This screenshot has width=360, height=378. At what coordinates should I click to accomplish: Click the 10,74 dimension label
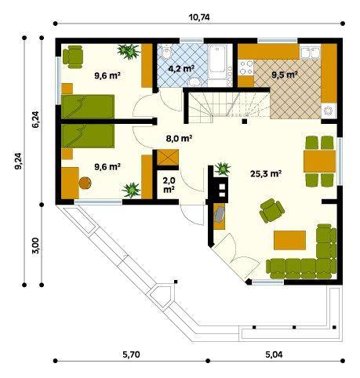coord(199,17)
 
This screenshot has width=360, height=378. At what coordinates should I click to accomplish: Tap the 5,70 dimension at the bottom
coord(131,354)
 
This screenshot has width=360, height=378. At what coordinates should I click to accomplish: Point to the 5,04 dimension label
coord(274,354)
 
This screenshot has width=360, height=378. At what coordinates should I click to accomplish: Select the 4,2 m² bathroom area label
coord(181,69)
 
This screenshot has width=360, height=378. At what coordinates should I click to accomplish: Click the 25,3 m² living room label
coord(266,173)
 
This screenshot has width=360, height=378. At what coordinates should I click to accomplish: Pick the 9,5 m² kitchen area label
coord(285,75)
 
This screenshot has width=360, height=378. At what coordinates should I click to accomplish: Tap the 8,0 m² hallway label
coord(180,138)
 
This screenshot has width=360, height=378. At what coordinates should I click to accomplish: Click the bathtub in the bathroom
coord(217,62)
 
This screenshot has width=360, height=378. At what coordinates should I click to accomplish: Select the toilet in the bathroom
coord(166,53)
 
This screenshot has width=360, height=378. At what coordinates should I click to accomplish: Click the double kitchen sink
coord(311,53)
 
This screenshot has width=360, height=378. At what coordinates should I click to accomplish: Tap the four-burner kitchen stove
coord(246,67)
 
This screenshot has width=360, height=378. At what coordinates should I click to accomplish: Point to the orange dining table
coord(320,161)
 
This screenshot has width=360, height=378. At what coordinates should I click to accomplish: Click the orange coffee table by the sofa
coord(289,240)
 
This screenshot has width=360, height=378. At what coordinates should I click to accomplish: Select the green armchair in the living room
coord(271,210)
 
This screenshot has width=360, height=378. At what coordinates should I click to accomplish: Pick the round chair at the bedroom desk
coord(85,183)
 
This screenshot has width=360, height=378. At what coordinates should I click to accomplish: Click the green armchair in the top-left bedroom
coord(73,56)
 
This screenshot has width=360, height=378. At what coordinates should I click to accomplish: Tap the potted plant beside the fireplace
coord(223,169)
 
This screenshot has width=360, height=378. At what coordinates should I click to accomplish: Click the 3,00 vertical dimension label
coord(36,245)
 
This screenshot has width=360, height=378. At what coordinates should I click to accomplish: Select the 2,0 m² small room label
coord(169,185)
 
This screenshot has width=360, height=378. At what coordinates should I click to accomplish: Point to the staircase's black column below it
coord(245,122)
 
